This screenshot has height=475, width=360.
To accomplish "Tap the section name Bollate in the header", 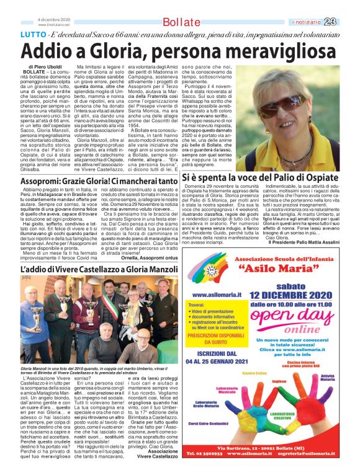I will [x=179, y=23].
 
